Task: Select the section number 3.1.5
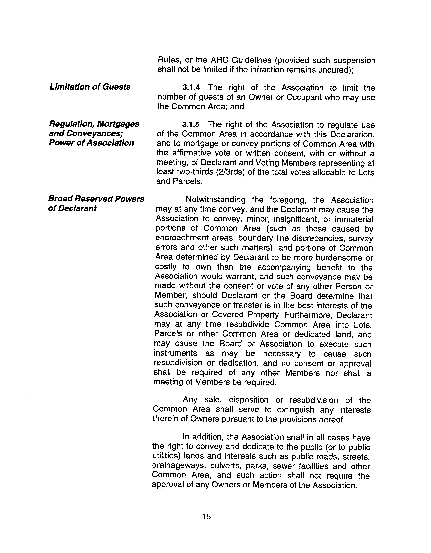point(191,125)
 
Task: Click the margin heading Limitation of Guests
point(90,87)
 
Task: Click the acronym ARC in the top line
point(220,60)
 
